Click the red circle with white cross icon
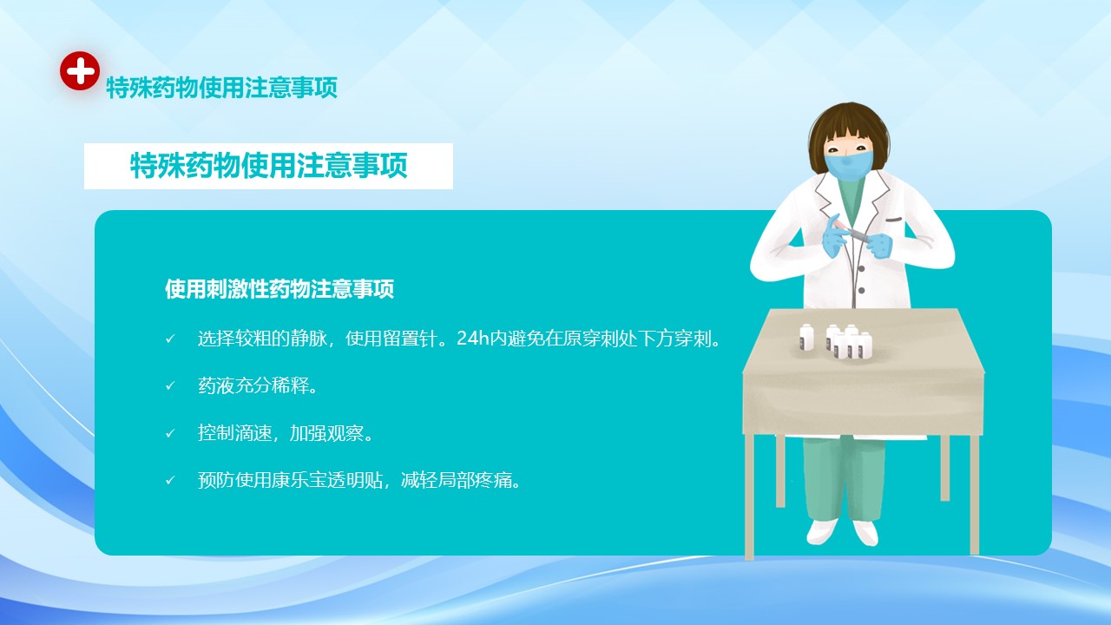pos(80,70)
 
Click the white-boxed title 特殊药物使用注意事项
pos(268,166)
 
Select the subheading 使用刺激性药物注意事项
pos(279,289)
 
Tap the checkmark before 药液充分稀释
pos(170,385)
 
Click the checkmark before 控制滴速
pos(170,433)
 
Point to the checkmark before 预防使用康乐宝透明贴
pos(170,480)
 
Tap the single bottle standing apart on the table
pos(806,338)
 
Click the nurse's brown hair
pos(849,130)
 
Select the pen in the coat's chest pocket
pos(894,220)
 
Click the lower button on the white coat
pos(862,291)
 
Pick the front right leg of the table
pos(974,495)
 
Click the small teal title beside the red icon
pos(221,88)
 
